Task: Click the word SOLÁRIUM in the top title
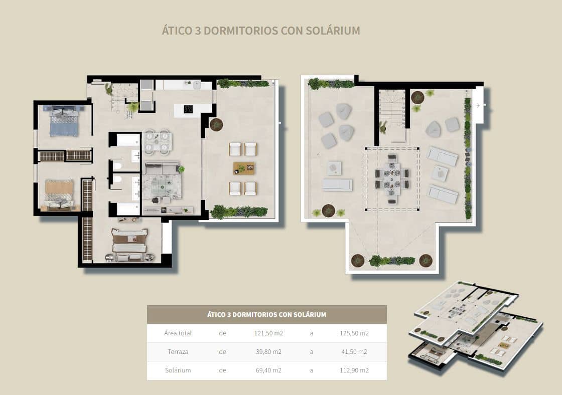click(333, 31)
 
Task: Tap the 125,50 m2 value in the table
click(354, 333)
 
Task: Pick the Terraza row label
click(178, 352)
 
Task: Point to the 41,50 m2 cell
click(354, 352)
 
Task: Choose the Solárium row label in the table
click(178, 370)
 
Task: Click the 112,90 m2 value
click(354, 370)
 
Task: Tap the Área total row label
click(178, 333)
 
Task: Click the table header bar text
click(266, 315)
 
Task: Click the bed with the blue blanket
click(64, 123)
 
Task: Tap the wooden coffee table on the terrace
click(243, 168)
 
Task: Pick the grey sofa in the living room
click(162, 168)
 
